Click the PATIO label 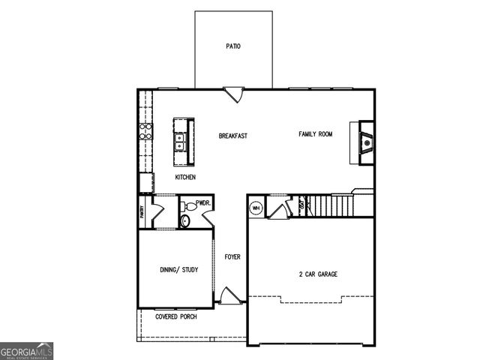(x=233, y=46)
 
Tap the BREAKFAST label (x=232, y=136)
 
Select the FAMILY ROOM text (x=316, y=134)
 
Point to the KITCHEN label (x=185, y=177)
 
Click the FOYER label (x=232, y=256)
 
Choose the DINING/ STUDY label (x=178, y=269)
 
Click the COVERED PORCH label (x=176, y=317)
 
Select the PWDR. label (x=203, y=203)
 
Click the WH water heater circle (x=256, y=208)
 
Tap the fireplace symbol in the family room (x=366, y=140)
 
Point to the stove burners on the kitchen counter (x=145, y=132)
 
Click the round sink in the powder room (x=187, y=203)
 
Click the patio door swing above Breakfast (x=234, y=94)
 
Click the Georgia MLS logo (x=27, y=351)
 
